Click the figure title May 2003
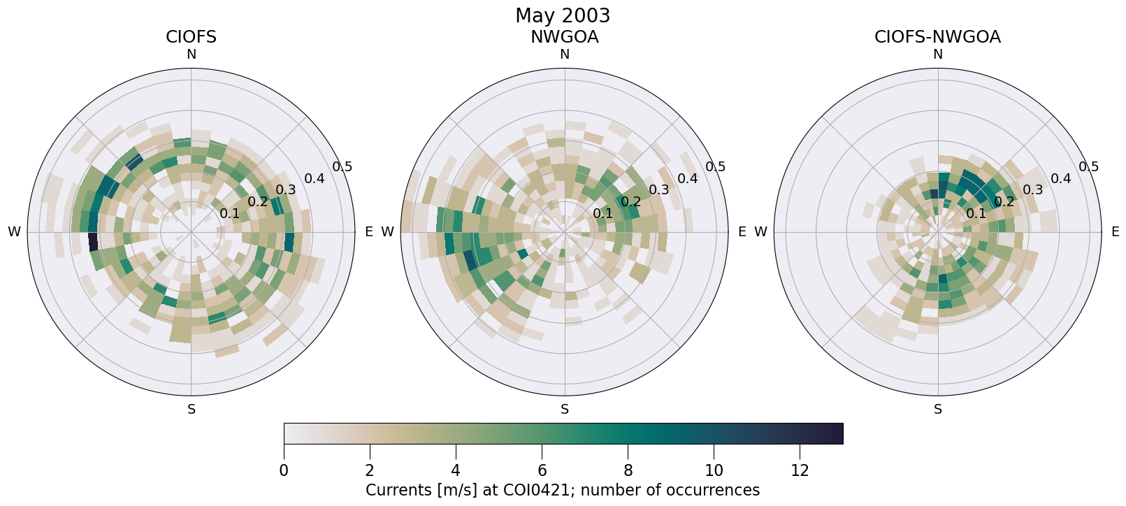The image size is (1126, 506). pyautogui.click(x=562, y=15)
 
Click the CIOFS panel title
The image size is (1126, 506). pyautogui.click(x=191, y=37)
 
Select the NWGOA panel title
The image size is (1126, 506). pyautogui.click(x=564, y=37)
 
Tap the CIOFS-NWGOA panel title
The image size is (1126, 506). pyautogui.click(x=937, y=37)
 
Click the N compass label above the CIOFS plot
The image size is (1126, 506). pyautogui.click(x=191, y=55)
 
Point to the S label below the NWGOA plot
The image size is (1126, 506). pyautogui.click(x=565, y=410)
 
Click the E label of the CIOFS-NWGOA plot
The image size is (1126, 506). pyautogui.click(x=1115, y=232)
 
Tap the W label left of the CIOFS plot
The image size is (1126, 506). pyautogui.click(x=14, y=232)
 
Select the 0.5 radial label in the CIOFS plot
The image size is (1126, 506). pyautogui.click(x=342, y=167)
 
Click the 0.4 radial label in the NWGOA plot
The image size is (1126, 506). pyautogui.click(x=688, y=179)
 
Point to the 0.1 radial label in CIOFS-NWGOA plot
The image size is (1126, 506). pyautogui.click(x=976, y=214)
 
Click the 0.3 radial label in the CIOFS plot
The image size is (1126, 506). pyautogui.click(x=286, y=190)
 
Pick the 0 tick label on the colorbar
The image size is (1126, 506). pyautogui.click(x=284, y=471)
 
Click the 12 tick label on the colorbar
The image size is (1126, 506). pyautogui.click(x=800, y=471)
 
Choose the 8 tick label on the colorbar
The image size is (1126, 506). pyautogui.click(x=628, y=471)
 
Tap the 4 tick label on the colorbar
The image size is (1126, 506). pyautogui.click(x=456, y=471)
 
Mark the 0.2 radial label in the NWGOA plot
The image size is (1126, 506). pyautogui.click(x=631, y=202)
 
